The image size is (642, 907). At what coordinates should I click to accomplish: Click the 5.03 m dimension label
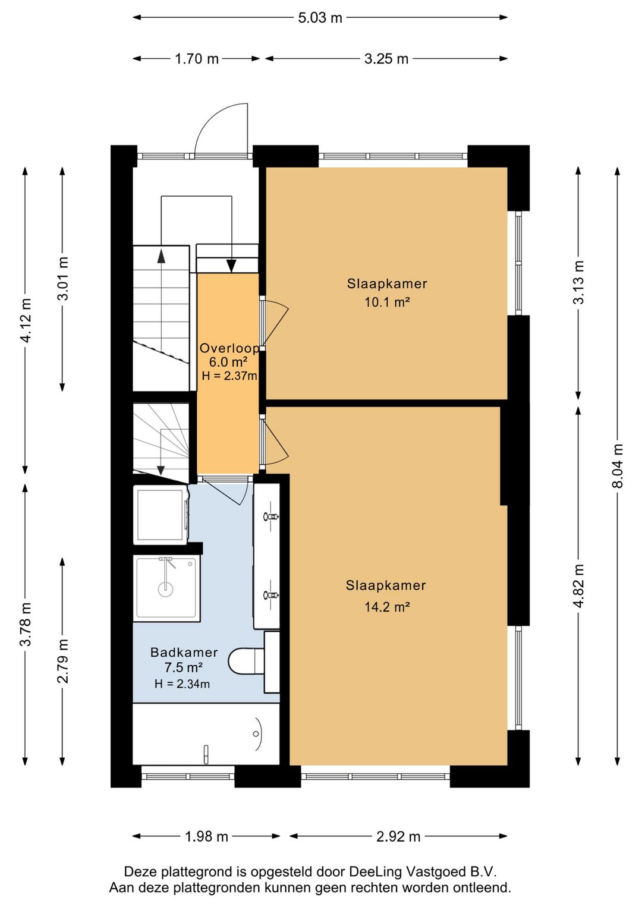320,18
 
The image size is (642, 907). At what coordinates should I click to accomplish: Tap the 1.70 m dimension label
196,59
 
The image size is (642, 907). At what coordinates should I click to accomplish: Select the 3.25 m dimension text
386,59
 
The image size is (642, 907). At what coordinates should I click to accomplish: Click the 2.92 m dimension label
398,837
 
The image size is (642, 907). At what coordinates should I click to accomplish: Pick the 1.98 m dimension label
207,837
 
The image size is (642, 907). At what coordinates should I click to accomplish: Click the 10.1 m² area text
387,302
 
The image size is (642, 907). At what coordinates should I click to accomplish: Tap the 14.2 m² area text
387,607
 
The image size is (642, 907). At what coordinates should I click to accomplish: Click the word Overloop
229,348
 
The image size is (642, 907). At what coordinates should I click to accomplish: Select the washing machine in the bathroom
161,515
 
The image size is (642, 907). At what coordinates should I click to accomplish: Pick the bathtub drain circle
256,733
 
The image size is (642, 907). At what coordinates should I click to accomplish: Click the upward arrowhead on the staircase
161,256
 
